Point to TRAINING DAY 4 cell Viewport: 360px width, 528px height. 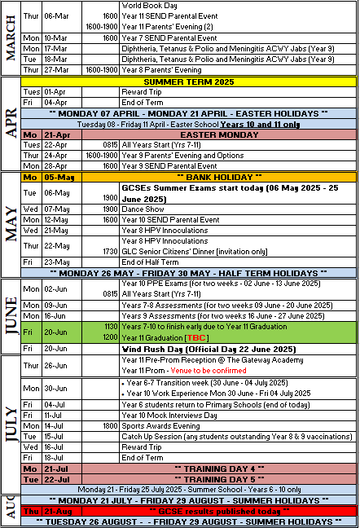tap(209, 469)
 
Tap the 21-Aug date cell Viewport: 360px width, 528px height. tap(57, 510)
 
